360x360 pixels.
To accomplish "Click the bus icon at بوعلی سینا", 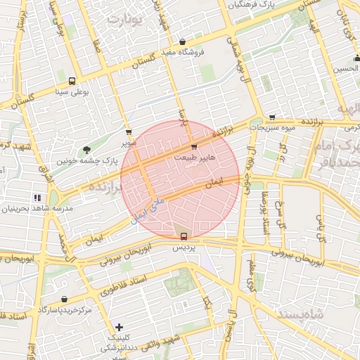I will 72,80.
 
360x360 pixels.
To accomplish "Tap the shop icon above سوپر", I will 128,131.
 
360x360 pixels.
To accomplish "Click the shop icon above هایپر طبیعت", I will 194,146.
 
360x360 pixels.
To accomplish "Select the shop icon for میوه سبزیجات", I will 272,117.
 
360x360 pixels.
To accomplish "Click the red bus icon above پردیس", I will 184,236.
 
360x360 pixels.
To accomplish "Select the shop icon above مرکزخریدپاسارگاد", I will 65,299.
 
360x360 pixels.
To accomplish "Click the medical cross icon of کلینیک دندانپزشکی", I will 119,327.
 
